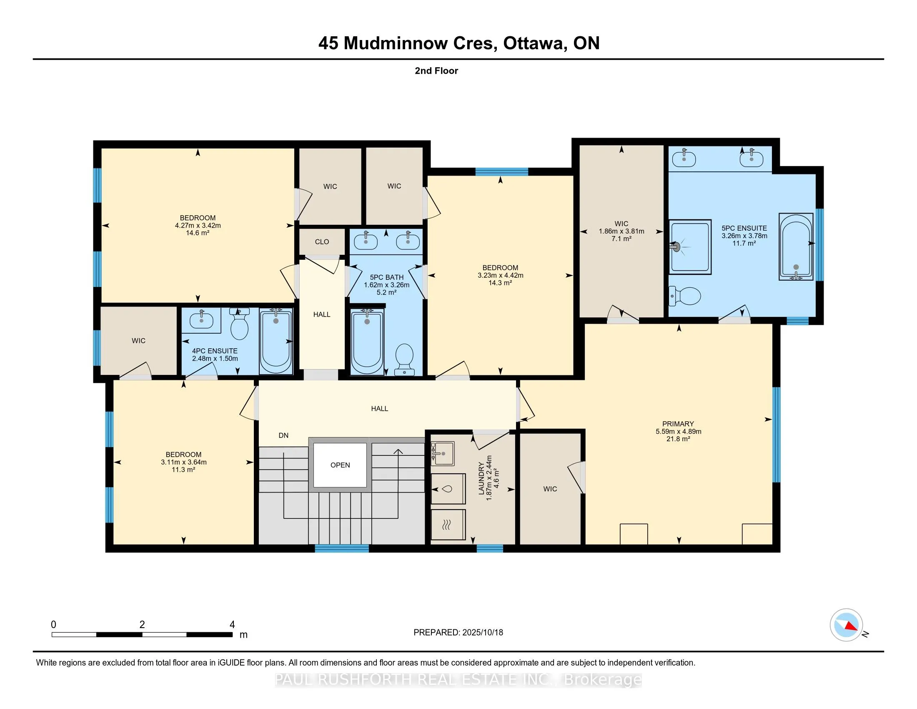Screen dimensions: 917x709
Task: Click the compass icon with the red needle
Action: [x=846, y=625]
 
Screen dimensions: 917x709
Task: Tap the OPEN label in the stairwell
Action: [x=340, y=465]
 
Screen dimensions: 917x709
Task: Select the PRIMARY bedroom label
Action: [x=678, y=424]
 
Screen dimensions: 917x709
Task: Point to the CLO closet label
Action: [x=322, y=241]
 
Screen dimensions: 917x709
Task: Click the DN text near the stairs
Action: [x=283, y=435]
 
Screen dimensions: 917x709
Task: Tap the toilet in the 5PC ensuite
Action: [x=684, y=296]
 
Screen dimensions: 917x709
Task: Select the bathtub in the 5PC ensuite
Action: [x=796, y=246]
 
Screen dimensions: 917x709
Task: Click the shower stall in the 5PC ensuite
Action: [x=690, y=247]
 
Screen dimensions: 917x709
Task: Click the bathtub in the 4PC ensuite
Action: [x=276, y=341]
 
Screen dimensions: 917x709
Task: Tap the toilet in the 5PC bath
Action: [x=405, y=360]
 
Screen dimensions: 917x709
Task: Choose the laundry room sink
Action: [x=443, y=453]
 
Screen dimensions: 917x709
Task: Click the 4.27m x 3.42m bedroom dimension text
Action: [x=198, y=226]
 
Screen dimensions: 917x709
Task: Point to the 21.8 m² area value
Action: [x=678, y=439]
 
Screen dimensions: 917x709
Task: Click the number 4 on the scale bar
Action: [x=232, y=625]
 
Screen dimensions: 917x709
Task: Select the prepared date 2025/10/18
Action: [x=482, y=633]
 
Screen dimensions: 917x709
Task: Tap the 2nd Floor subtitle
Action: [x=436, y=71]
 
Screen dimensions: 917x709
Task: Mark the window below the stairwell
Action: [x=342, y=548]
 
